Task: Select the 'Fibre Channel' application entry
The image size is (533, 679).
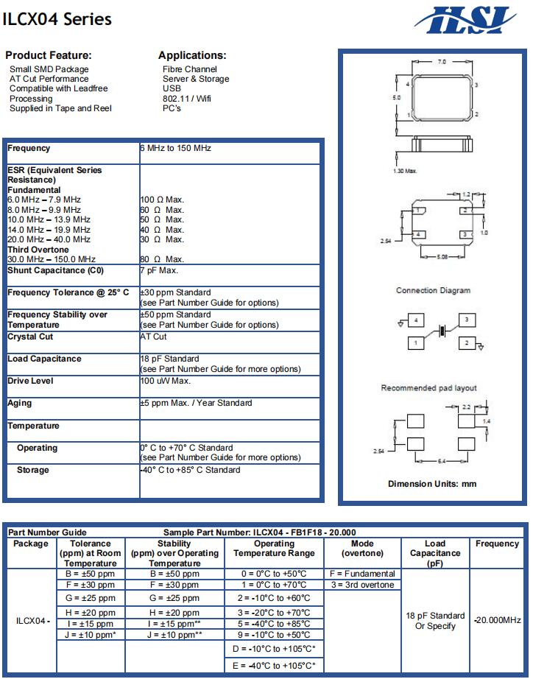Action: [189, 69]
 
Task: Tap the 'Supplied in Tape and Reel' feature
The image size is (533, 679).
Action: [60, 108]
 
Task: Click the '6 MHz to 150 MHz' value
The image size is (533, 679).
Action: [175, 148]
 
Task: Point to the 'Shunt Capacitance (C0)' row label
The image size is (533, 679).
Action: [55, 270]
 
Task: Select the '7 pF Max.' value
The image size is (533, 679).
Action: [159, 270]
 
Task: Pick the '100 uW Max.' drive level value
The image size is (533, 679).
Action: [165, 381]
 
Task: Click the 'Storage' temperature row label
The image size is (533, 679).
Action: [33, 470]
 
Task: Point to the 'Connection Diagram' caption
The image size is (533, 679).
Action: [433, 290]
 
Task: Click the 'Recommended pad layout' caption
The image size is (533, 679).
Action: [428, 387]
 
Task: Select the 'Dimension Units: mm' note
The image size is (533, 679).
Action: [432, 484]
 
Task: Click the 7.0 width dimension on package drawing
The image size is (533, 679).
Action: [442, 63]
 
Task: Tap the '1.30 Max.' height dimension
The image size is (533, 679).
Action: [404, 170]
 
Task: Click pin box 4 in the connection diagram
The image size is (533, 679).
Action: [416, 320]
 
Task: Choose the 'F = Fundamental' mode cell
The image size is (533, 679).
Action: [362, 574]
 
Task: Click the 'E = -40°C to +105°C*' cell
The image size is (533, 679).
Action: [273, 666]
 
